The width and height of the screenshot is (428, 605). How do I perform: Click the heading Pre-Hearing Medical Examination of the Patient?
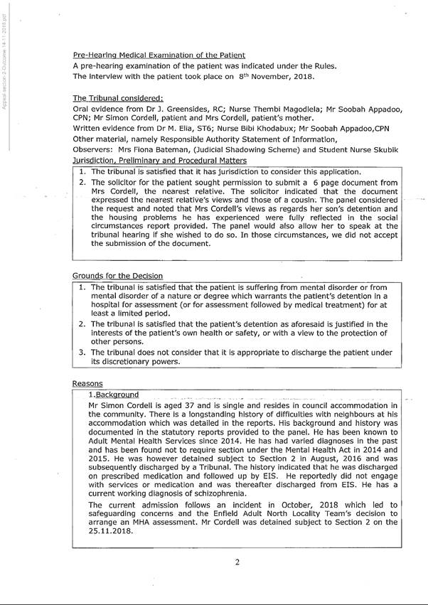tap(159, 55)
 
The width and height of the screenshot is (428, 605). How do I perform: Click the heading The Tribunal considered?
tap(118, 97)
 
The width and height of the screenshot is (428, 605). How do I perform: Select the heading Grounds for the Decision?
tap(117, 275)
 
